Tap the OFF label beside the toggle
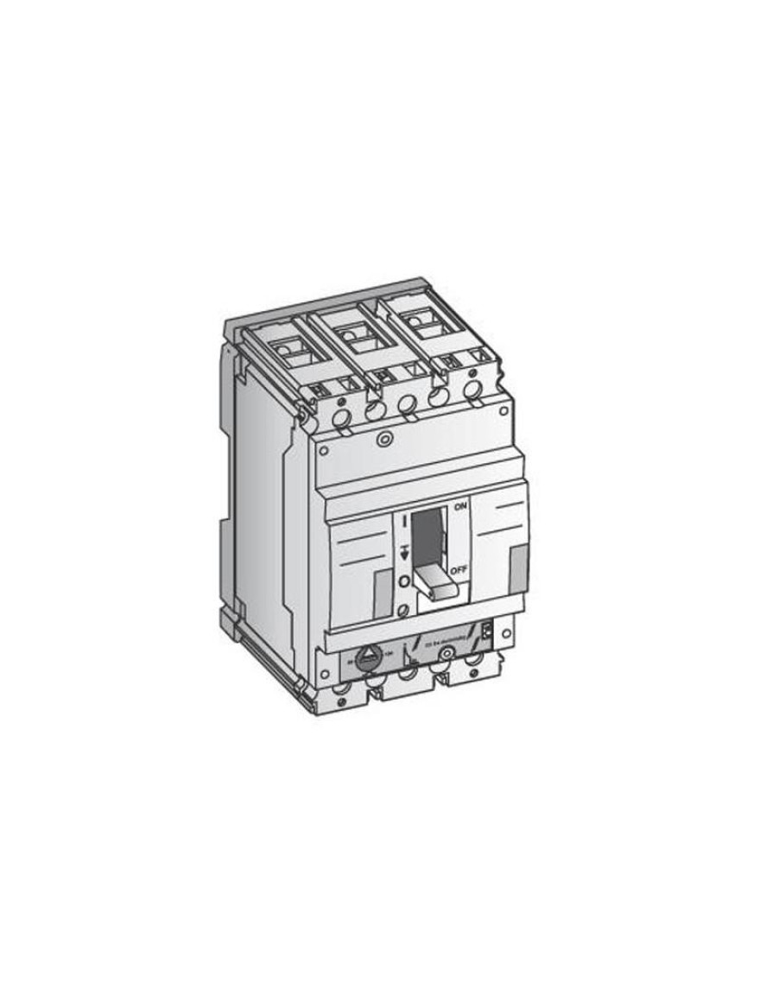point(459,570)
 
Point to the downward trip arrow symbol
point(402,551)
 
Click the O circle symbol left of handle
point(402,581)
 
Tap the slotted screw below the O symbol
point(402,612)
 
